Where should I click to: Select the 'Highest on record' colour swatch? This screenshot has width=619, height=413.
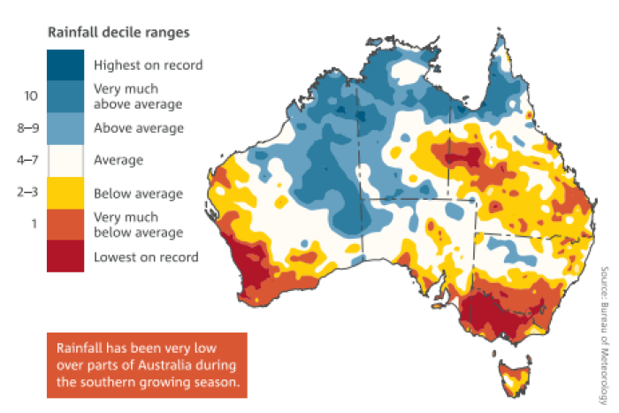[65, 65]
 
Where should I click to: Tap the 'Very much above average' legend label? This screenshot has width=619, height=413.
[137, 96]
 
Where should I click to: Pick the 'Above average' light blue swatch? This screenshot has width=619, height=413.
[65, 128]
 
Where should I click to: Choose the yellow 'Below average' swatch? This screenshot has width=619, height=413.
[65, 193]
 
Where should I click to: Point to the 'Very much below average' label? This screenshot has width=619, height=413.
[137, 225]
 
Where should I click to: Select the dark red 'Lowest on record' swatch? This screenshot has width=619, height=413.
[65, 256]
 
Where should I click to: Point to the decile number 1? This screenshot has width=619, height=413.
[32, 225]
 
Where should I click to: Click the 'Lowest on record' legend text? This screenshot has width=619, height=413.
[146, 256]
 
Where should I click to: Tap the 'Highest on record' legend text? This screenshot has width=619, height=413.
[148, 65]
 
